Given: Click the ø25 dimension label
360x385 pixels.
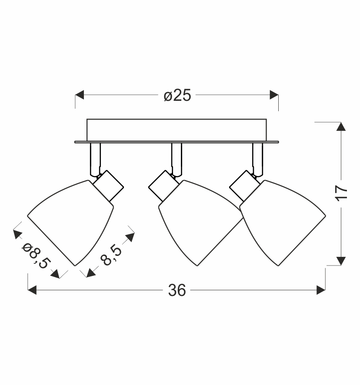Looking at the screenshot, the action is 177,95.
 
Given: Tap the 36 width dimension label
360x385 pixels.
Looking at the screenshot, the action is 177,290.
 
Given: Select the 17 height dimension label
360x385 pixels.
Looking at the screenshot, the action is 342,193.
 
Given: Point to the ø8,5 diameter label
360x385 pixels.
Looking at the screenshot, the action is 37,256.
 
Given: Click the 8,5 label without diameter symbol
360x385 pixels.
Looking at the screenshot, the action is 111,256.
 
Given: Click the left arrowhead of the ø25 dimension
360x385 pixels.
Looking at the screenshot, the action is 80,95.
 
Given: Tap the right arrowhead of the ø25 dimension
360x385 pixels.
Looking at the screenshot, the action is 274,95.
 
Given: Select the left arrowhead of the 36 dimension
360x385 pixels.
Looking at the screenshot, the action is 32,290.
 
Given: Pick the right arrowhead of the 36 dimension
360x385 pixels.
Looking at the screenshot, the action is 321,290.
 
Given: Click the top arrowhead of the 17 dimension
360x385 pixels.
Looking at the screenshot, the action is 341,126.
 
